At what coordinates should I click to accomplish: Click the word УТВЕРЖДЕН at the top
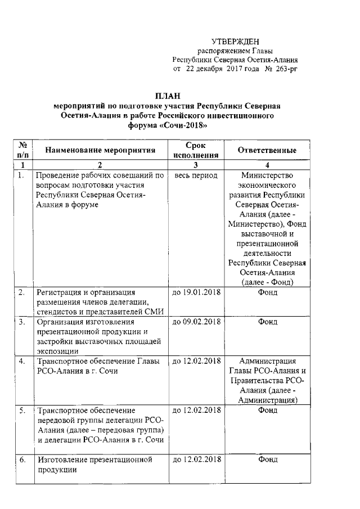click(x=235, y=42)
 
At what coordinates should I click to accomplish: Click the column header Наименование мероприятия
click(x=100, y=151)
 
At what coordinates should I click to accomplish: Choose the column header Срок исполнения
click(x=195, y=150)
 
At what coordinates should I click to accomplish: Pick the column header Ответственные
click(x=267, y=151)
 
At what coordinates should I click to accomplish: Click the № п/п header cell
click(x=24, y=150)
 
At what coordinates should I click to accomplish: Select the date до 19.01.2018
click(x=196, y=292)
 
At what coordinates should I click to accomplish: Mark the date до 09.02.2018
click(x=196, y=322)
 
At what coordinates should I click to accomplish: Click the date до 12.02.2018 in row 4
click(x=196, y=361)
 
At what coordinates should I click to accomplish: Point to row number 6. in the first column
click(x=22, y=460)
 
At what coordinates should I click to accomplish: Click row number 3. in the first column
click(x=22, y=322)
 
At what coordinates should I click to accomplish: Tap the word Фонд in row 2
click(x=267, y=292)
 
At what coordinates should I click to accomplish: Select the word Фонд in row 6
click(x=267, y=460)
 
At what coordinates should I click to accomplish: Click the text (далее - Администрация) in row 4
click(x=267, y=395)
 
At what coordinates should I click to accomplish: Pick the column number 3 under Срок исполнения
click(x=195, y=165)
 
